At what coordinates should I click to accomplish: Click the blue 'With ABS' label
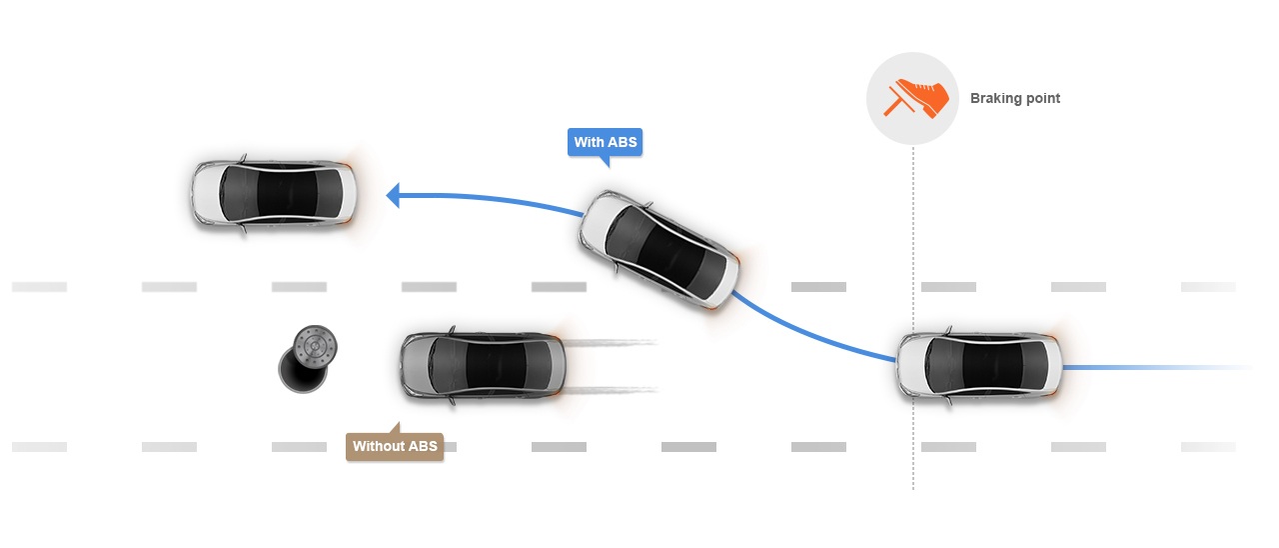(605, 143)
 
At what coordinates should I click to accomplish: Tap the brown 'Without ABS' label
(395, 446)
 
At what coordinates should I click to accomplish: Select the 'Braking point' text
(1014, 98)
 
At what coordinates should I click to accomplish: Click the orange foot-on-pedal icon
(913, 99)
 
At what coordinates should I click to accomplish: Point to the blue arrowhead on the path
(394, 194)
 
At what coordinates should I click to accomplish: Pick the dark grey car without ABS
(483, 365)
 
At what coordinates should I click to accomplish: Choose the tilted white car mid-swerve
(660, 249)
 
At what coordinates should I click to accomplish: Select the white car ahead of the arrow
(273, 195)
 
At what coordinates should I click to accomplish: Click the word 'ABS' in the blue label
(622, 143)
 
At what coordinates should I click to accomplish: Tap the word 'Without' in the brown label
(379, 446)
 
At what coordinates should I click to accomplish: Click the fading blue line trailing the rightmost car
(1159, 368)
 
